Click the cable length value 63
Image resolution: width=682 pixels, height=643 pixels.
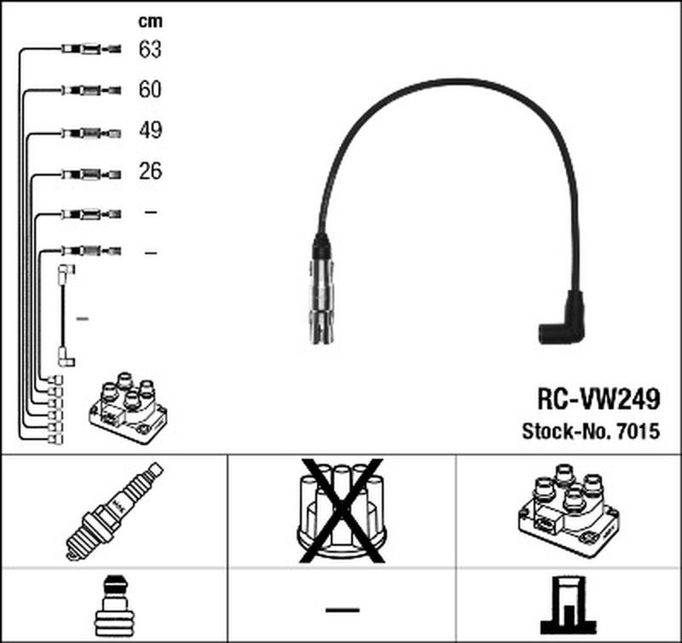pyautogui.click(x=150, y=49)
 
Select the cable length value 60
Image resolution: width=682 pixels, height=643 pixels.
pyautogui.click(x=150, y=90)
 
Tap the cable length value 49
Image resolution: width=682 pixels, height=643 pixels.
pyautogui.click(x=150, y=130)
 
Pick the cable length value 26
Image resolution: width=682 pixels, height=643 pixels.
pyautogui.click(x=150, y=171)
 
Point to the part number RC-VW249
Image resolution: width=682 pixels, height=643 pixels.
pyautogui.click(x=597, y=397)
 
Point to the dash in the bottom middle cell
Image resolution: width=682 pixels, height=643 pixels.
pyautogui.click(x=342, y=609)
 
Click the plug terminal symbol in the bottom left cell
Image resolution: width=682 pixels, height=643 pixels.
pyautogui.click(x=113, y=606)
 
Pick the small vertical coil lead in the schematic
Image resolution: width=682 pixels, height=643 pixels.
pyautogui.click(x=65, y=316)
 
